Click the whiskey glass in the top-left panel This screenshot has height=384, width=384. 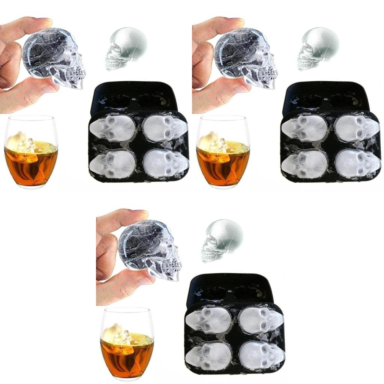31,152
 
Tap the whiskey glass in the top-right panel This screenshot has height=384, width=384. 223,152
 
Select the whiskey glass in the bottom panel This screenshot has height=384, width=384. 127,344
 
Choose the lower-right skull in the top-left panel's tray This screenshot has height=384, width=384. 165,163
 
